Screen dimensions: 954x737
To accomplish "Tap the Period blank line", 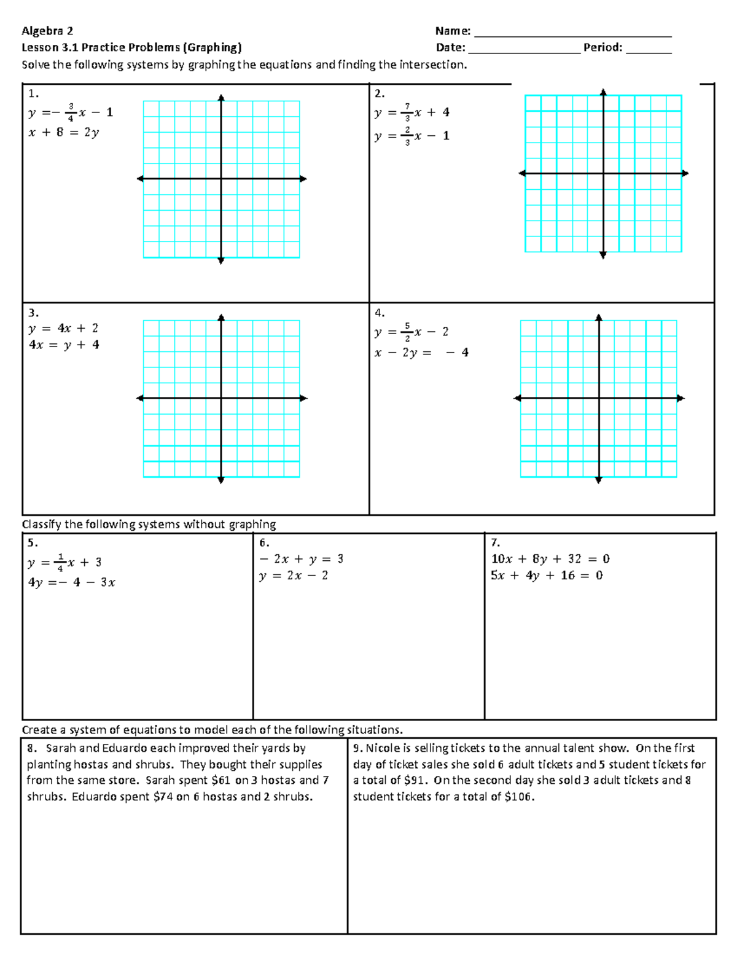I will click(649, 52).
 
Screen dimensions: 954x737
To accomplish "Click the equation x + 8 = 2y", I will click(63, 132).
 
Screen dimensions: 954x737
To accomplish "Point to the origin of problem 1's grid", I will click(221, 179).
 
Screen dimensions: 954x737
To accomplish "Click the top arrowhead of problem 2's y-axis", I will click(603, 92).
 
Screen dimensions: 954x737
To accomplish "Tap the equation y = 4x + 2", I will click(63, 329).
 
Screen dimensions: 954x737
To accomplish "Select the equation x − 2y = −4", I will click(421, 353).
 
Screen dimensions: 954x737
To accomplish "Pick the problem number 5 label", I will click(33, 543).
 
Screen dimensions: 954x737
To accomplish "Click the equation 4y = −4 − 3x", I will click(71, 582).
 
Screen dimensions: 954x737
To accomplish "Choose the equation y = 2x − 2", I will click(294, 576).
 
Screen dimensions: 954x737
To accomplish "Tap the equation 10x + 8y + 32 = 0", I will click(550, 559).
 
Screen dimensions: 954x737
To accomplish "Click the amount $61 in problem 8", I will click(221, 780).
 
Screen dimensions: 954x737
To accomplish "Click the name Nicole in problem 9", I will click(383, 748).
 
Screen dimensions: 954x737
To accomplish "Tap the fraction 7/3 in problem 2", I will click(407, 112).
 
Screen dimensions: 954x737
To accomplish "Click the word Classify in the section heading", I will click(42, 525).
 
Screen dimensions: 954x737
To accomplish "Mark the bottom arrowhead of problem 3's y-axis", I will click(221, 480).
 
